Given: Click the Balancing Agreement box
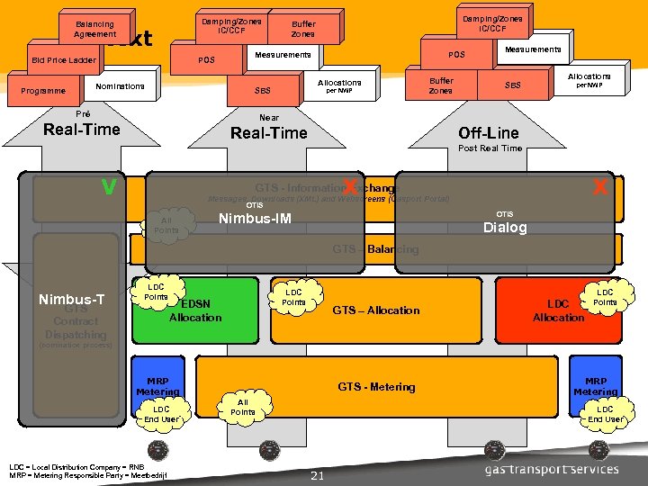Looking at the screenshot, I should (x=94, y=29).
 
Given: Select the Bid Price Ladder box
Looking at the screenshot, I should (x=63, y=60).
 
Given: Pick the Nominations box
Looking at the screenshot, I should (x=120, y=86).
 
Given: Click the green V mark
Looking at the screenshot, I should (x=109, y=186).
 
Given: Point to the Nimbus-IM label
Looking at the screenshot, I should (x=256, y=219).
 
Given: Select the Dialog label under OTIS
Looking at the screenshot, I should (x=504, y=227).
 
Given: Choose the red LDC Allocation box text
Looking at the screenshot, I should (x=558, y=311).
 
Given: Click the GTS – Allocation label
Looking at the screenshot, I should (x=376, y=310).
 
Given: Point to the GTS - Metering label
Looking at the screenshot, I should (x=376, y=387).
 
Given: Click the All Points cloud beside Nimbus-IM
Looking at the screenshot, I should (x=166, y=226).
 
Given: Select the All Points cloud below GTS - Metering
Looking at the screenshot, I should (x=242, y=408).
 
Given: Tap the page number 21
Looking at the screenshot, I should (x=316, y=475).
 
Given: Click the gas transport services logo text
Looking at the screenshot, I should (x=552, y=469).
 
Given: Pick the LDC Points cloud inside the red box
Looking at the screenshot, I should (x=605, y=298).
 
